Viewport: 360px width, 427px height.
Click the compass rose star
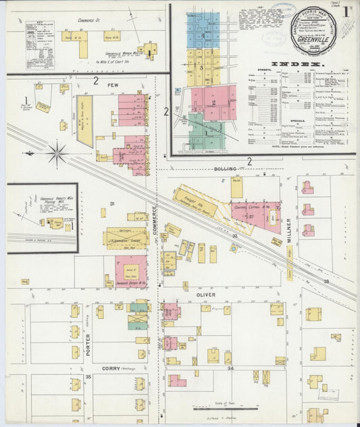57,153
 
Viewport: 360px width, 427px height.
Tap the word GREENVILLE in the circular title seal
311,39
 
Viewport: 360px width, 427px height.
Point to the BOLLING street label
226,168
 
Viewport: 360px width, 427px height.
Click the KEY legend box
41,44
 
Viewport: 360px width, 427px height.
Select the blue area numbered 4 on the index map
203,30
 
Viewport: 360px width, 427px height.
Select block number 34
230,368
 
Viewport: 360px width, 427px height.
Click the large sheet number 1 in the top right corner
345,11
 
